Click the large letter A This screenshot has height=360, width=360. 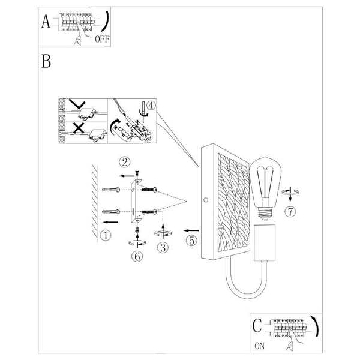click(x=46, y=22)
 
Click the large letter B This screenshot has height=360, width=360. click(x=46, y=61)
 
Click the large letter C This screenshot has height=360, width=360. click(x=257, y=326)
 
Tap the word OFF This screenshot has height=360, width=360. click(x=102, y=39)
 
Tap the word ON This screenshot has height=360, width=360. click(x=259, y=346)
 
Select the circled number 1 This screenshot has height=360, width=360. click(x=106, y=235)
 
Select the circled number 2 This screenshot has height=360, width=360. click(x=124, y=162)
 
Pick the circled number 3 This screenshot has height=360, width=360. click(x=163, y=248)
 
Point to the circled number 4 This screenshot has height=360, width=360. click(x=151, y=106)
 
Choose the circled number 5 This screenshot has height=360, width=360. click(x=192, y=241)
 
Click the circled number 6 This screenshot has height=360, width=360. click(x=137, y=256)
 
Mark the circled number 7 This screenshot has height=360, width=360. click(x=290, y=212)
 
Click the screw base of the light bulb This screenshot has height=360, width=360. click(x=265, y=213)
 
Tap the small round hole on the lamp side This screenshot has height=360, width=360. click(x=206, y=200)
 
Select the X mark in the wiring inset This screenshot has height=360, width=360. click(x=79, y=128)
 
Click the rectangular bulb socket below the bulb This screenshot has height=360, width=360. click(x=265, y=243)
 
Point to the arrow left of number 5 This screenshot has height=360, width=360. click(x=191, y=230)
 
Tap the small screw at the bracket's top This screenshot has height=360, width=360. click(x=137, y=172)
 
